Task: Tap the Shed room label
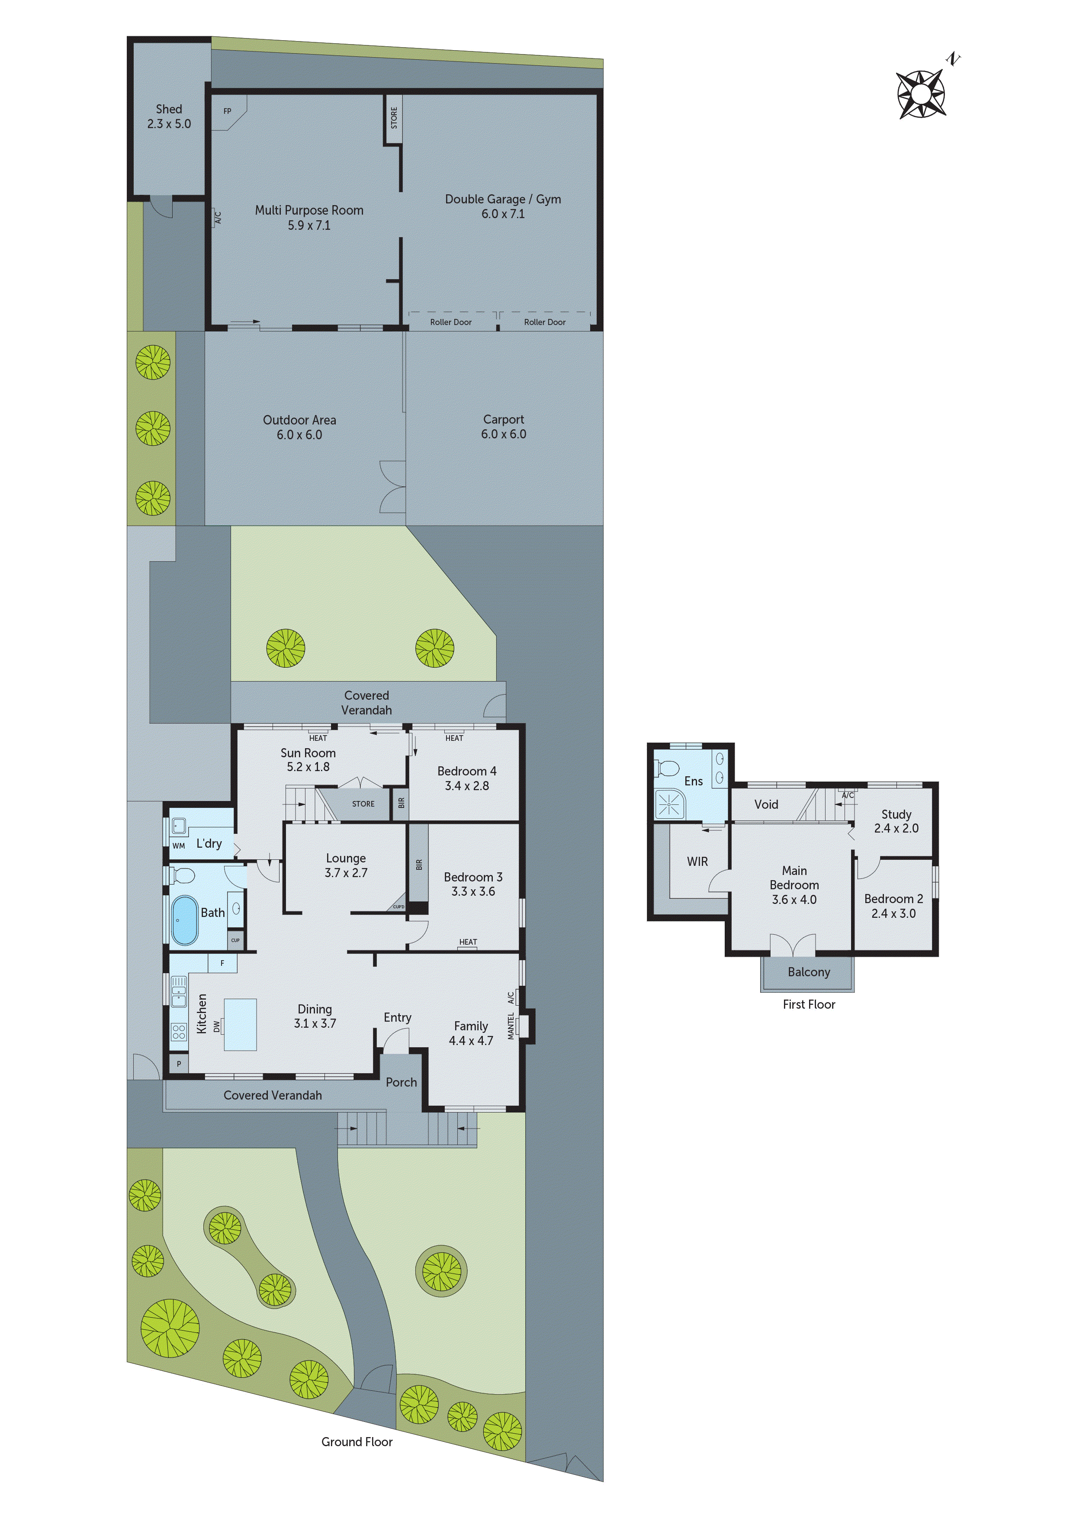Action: (x=169, y=116)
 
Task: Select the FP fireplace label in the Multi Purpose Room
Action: (x=228, y=111)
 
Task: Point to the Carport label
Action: (x=503, y=426)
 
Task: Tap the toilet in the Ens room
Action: (x=668, y=768)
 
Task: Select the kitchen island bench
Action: (x=240, y=1024)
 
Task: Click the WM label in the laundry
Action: (x=179, y=846)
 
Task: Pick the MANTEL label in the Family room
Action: (x=511, y=1026)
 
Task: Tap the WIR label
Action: (x=697, y=862)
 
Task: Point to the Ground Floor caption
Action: (x=357, y=1442)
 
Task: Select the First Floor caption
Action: (x=809, y=1004)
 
